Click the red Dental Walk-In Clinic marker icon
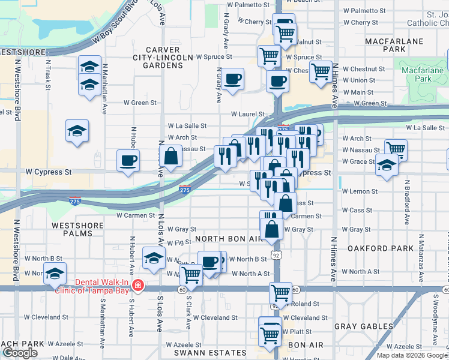(x=139, y=284)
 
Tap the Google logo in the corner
(x=20, y=353)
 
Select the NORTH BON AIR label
(x=228, y=239)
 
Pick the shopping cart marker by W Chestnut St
(x=321, y=71)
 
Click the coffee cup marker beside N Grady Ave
(x=232, y=78)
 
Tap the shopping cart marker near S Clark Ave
(x=191, y=275)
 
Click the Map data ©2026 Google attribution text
(x=412, y=355)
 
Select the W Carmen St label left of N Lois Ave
(x=136, y=215)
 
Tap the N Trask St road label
(x=48, y=71)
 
